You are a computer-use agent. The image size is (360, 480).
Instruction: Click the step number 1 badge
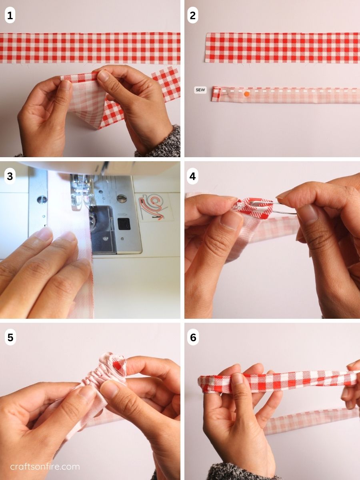(x=10, y=15)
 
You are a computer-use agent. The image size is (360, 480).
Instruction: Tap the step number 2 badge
(x=192, y=15)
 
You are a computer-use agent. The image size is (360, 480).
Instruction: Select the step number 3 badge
(x=10, y=176)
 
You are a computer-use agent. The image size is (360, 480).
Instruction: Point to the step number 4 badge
(x=192, y=176)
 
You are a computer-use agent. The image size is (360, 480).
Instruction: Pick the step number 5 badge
(x=10, y=338)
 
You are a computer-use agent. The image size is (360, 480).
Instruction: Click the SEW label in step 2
(x=200, y=90)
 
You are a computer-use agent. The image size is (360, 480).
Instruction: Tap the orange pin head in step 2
(x=247, y=94)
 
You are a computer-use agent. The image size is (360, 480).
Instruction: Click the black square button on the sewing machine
(x=124, y=224)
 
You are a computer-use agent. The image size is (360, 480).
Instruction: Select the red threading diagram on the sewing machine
(x=152, y=207)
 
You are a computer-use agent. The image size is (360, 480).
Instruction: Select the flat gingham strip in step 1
(x=90, y=48)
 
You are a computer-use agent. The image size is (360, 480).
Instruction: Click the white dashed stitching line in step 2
(x=287, y=90)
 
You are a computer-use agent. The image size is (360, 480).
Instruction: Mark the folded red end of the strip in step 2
(x=216, y=94)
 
